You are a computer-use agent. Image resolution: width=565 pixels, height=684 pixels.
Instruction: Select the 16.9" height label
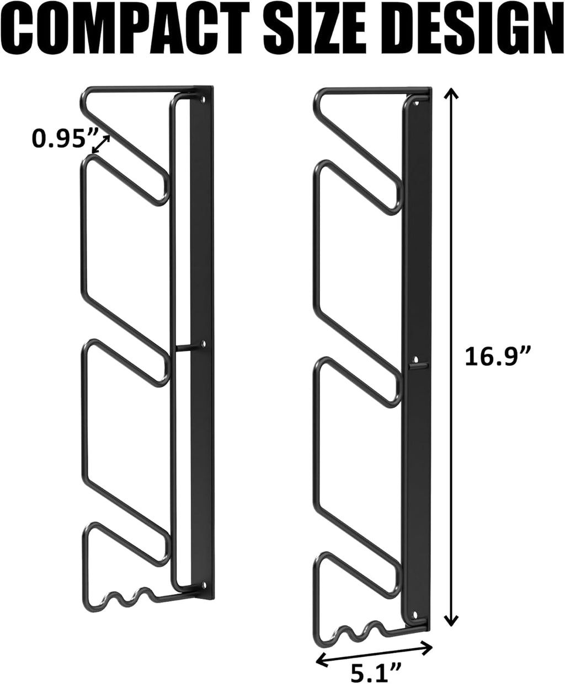[x=498, y=357]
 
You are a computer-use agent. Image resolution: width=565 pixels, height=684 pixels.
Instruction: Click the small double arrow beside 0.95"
[x=101, y=144]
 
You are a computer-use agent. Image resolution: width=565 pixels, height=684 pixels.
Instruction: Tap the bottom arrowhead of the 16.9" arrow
[x=451, y=621]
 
